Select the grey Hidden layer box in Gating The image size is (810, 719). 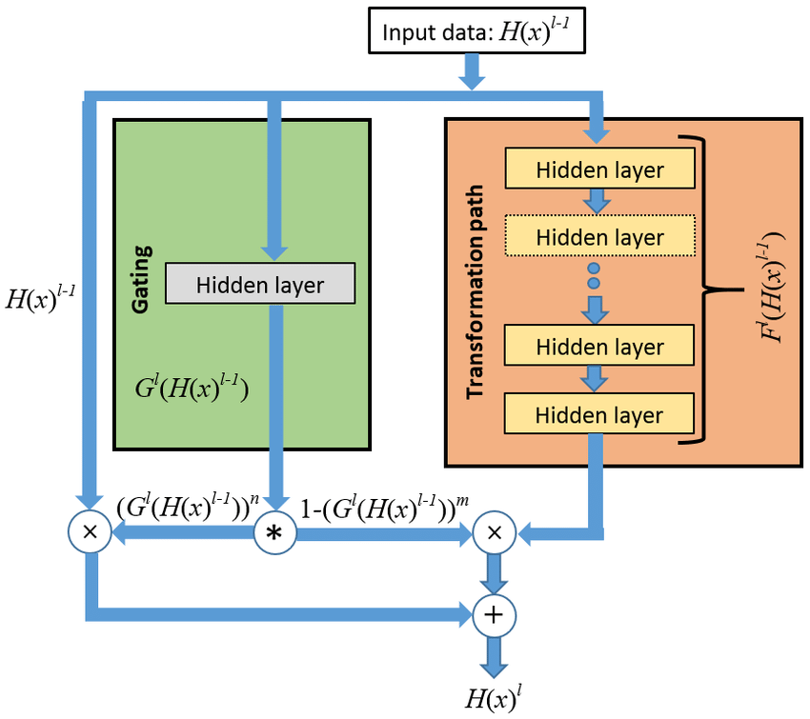point(259,284)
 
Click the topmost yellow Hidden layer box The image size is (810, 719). point(599,170)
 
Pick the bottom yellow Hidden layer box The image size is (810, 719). point(599,414)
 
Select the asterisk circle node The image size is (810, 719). point(274,534)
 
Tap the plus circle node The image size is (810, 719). point(494,614)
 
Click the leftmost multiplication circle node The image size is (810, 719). point(91,534)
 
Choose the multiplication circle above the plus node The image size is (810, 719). point(494,534)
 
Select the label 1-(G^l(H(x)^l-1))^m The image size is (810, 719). point(386,509)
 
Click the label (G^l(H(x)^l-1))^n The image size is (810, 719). point(188,509)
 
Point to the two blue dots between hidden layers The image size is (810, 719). point(594,275)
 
